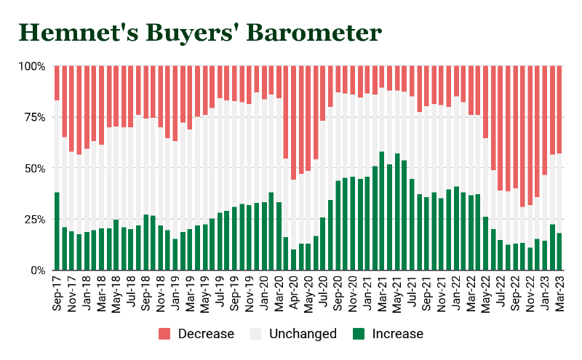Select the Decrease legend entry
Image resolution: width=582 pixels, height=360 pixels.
pos(196,334)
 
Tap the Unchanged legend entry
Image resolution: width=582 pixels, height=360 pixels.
pos(294,334)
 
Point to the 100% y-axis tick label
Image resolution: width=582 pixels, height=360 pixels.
pos(31,66)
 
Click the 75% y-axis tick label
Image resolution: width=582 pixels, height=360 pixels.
pos(34,117)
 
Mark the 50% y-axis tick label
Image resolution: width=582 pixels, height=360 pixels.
pos(34,168)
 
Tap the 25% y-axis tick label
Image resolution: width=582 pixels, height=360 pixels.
pos(34,219)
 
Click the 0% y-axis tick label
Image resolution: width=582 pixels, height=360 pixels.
pos(37,271)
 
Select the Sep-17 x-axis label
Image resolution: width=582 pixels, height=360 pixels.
pos(57,294)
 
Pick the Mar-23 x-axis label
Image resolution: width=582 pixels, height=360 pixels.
pos(559,294)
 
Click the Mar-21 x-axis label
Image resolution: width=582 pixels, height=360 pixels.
pos(382,294)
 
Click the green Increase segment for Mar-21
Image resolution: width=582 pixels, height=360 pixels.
pos(382,211)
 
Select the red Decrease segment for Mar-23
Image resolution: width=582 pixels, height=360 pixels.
pos(559,109)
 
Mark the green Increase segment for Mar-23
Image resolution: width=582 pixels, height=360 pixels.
pos(559,252)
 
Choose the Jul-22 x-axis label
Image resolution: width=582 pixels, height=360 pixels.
pos(500,294)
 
